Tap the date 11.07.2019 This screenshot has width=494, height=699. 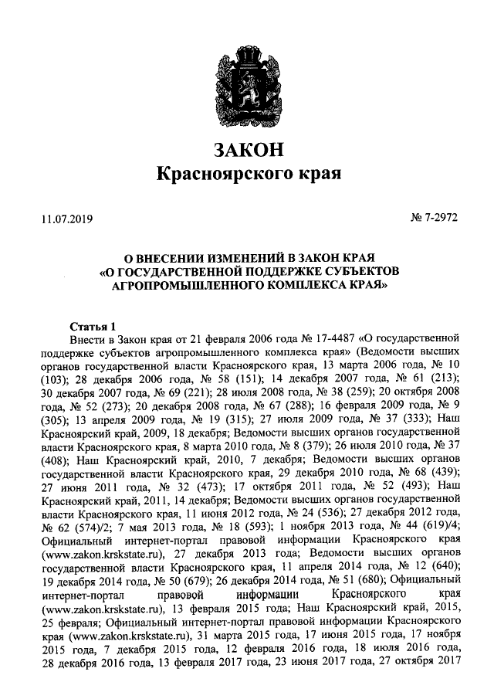click(x=66, y=219)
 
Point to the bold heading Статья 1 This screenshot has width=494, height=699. click(x=92, y=324)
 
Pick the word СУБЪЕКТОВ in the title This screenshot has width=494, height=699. click(x=357, y=271)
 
